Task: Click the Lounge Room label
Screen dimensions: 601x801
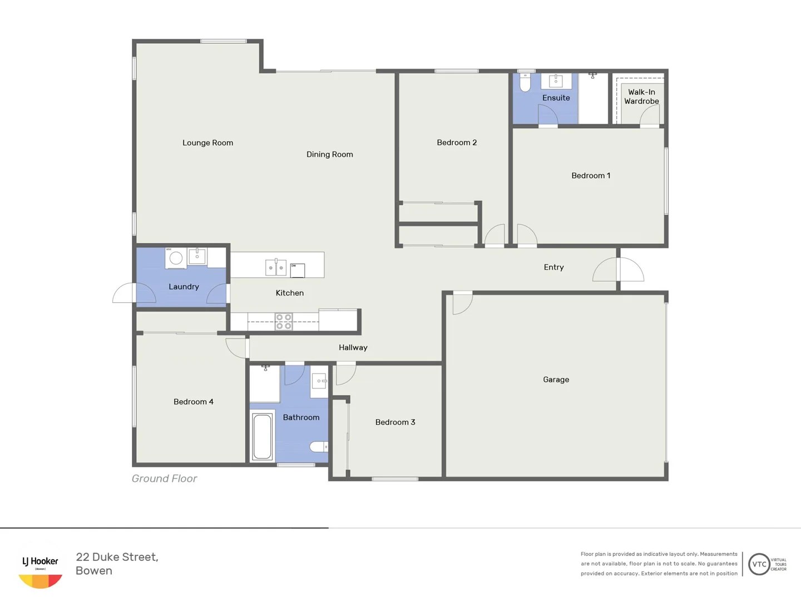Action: coord(207,143)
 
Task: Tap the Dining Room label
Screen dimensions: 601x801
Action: coord(329,155)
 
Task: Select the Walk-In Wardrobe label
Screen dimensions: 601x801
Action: coord(641,97)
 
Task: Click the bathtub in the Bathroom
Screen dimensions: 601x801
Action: coord(262,436)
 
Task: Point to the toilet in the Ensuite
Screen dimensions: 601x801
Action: coord(525,82)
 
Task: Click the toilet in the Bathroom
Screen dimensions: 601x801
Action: coord(319,446)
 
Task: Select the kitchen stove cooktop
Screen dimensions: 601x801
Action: coord(284,322)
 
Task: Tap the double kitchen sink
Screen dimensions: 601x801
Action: coord(276,268)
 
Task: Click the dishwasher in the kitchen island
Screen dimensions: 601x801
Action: coord(298,270)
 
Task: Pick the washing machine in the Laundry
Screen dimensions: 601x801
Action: coord(176,258)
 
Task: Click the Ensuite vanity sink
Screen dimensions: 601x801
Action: coord(556,81)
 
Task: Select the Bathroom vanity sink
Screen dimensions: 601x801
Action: coord(319,381)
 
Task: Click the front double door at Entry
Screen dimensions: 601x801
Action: coord(618,270)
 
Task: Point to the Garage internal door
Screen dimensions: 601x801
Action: coord(462,303)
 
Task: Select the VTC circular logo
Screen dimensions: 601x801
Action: coord(759,564)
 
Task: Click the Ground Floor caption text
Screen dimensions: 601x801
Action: coord(164,479)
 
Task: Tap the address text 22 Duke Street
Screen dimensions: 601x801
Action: coord(117,557)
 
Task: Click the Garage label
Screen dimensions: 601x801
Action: coord(556,380)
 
